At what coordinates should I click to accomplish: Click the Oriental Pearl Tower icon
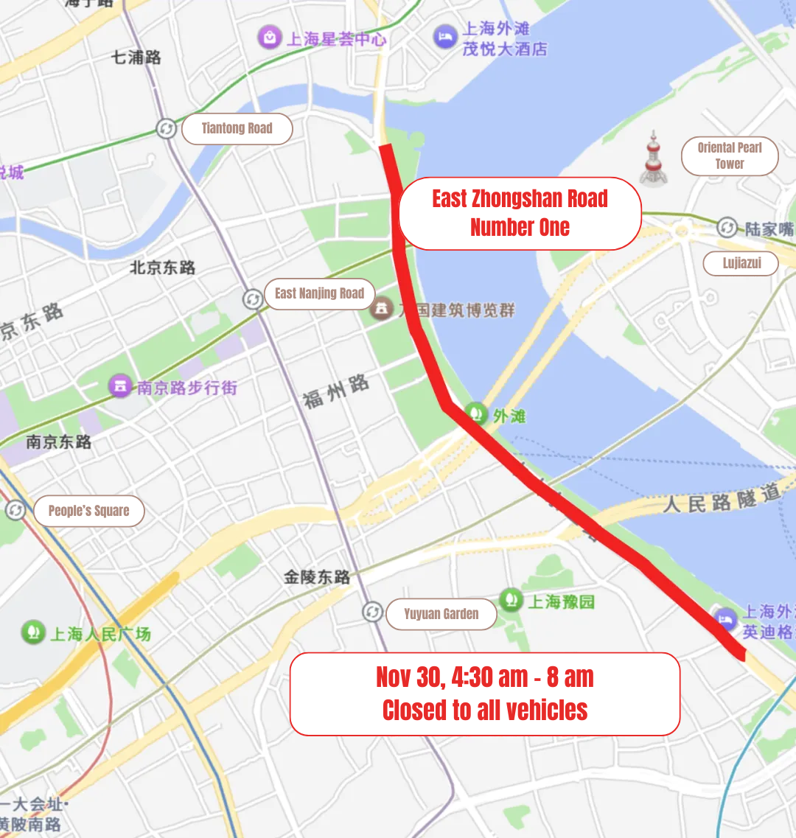pyautogui.click(x=653, y=158)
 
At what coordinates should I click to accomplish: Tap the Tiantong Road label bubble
pyautogui.click(x=237, y=128)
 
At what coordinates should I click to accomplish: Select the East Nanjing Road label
pyautogui.click(x=319, y=293)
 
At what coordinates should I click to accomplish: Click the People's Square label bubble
pyautogui.click(x=88, y=511)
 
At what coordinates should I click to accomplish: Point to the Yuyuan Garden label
pyautogui.click(x=441, y=614)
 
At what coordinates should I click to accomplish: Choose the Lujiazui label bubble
pyautogui.click(x=741, y=263)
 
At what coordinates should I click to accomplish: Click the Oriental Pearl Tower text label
pyautogui.click(x=729, y=156)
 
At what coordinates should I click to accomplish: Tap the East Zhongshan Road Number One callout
pyautogui.click(x=520, y=213)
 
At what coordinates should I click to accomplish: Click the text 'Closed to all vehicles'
pyautogui.click(x=484, y=710)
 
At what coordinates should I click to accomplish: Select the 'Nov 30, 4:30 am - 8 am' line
pyautogui.click(x=484, y=677)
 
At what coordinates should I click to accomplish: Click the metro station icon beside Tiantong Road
pyautogui.click(x=167, y=128)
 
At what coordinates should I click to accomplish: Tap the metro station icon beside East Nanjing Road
pyautogui.click(x=253, y=298)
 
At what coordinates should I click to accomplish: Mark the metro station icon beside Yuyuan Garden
pyautogui.click(x=373, y=612)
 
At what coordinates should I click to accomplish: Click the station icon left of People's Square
pyautogui.click(x=15, y=510)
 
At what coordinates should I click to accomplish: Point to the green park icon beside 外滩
pyautogui.click(x=475, y=413)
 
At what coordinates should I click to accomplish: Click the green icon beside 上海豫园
pyautogui.click(x=511, y=600)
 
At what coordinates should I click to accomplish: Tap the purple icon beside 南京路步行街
pyautogui.click(x=120, y=385)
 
